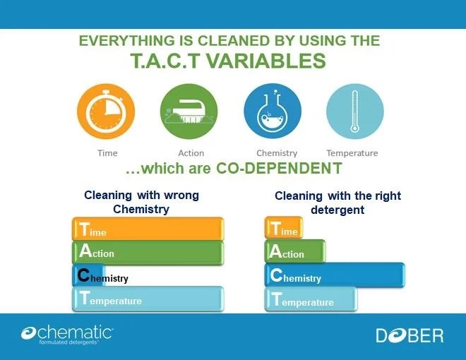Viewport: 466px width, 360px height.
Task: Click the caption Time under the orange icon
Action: pyautogui.click(x=107, y=153)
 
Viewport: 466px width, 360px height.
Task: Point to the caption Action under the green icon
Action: pyautogui.click(x=191, y=153)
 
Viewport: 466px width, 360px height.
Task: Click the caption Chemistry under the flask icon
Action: pyautogui.click(x=277, y=153)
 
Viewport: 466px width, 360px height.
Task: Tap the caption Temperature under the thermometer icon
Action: pyautogui.click(x=352, y=153)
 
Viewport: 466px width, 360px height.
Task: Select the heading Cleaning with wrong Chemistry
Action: pyautogui.click(x=141, y=201)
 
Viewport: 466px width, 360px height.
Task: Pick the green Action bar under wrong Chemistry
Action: pyautogui.click(x=148, y=253)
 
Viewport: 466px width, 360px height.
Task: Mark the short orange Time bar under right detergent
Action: pyautogui.click(x=284, y=229)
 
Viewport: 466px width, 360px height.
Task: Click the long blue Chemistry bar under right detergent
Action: pyautogui.click(x=335, y=276)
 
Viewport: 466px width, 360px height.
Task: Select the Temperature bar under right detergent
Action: pyautogui.click(x=311, y=300)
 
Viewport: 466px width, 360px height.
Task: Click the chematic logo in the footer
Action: pyautogui.click(x=67, y=334)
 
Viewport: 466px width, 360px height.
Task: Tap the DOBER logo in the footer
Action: pyautogui.click(x=410, y=335)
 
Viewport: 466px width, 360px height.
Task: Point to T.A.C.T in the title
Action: pyautogui.click(x=174, y=61)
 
